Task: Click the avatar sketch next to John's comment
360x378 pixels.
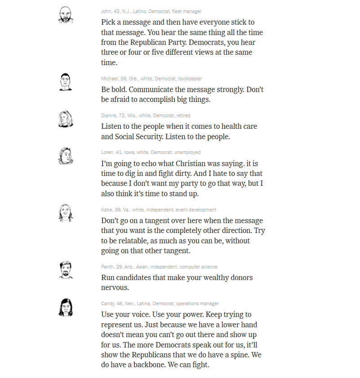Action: coord(66,15)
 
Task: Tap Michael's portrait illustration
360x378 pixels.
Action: coord(66,82)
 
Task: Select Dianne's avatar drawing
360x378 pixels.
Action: coord(66,119)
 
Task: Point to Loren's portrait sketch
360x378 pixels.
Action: coord(66,156)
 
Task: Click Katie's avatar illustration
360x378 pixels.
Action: coord(66,213)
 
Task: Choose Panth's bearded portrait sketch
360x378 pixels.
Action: coord(66,270)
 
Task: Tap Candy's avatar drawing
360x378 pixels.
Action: coord(66,307)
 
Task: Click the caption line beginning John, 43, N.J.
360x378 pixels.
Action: coord(151,11)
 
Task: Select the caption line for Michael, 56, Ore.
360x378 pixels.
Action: coord(151,79)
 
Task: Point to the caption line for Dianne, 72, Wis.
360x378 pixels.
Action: coord(146,115)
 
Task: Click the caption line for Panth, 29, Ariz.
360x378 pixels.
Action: coord(159,267)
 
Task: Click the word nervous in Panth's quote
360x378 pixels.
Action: coord(115,287)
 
